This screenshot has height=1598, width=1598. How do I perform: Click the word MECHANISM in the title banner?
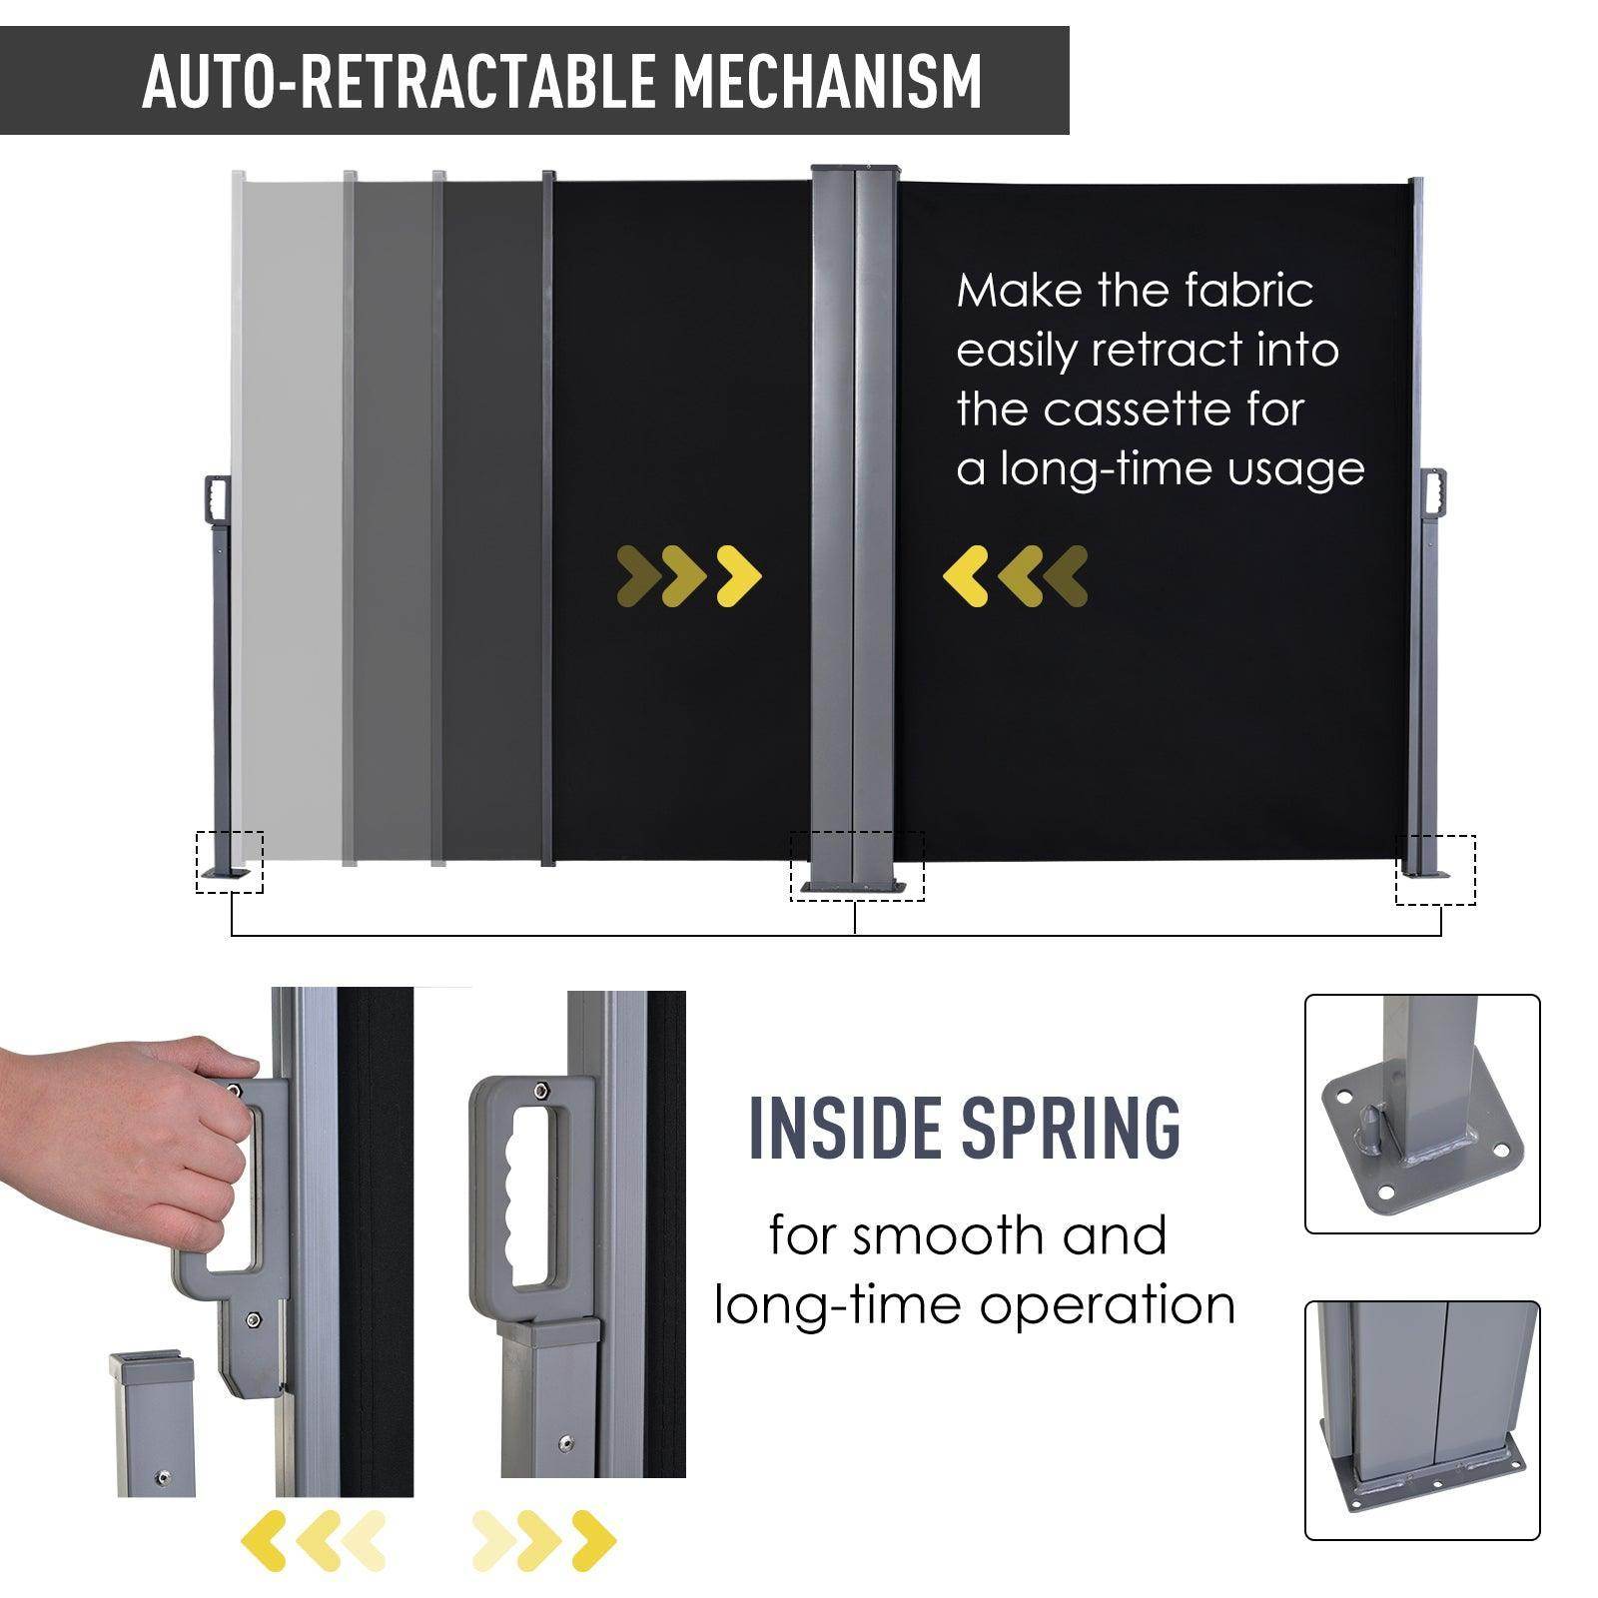[x=828, y=81]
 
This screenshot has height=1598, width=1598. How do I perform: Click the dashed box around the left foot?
[x=230, y=861]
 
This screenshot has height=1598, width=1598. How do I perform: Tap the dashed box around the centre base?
[x=857, y=866]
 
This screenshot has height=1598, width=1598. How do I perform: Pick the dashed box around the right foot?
[x=1435, y=870]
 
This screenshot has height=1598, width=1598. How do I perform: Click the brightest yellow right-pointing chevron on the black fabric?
[x=740, y=576]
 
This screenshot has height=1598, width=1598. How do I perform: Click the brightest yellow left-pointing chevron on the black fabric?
[x=965, y=576]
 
